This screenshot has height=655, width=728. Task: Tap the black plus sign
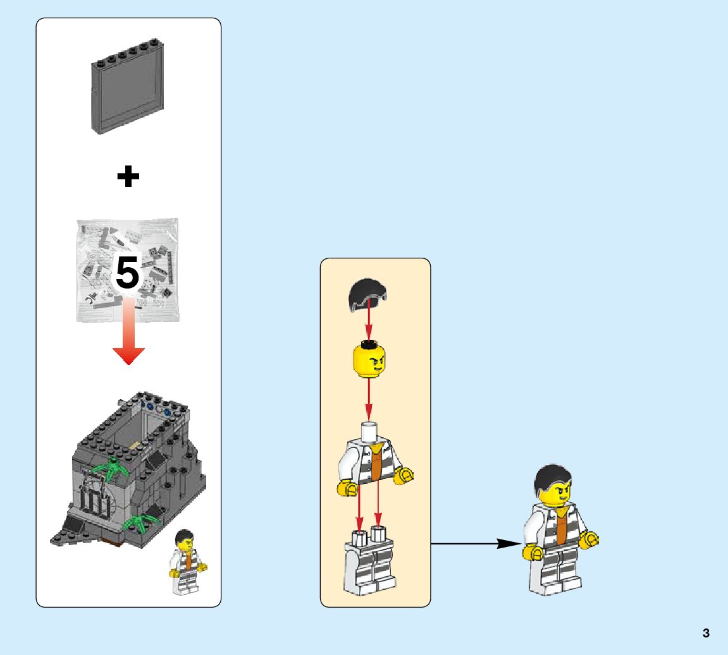point(128,177)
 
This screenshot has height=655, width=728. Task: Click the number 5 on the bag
point(127,273)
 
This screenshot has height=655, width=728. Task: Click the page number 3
point(706,633)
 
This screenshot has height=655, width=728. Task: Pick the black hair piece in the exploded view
point(368,297)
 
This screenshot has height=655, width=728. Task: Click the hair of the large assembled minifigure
point(552,477)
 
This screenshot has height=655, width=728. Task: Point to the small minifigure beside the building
point(188,562)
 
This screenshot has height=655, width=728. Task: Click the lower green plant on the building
point(140,522)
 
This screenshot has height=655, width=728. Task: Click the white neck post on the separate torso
point(369,432)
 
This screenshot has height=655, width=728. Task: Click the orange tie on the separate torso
point(375,464)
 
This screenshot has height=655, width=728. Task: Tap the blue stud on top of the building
point(166,412)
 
